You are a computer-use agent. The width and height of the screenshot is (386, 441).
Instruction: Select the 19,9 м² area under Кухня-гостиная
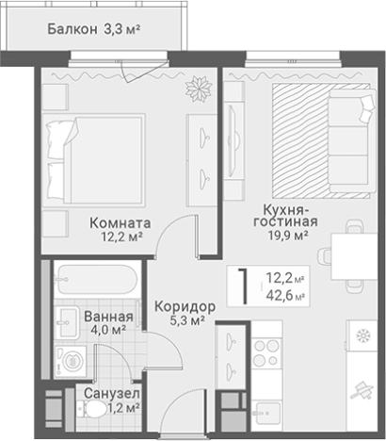click(x=286, y=237)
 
